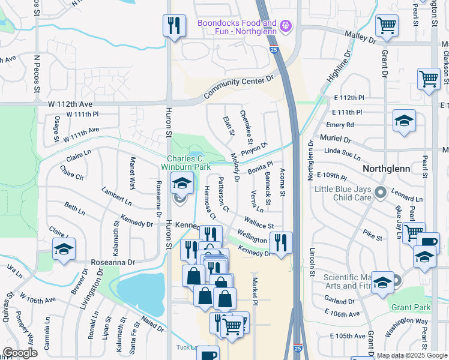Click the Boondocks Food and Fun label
pos(237,28)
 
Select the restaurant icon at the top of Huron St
pos(174,26)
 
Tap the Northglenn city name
pos(387,169)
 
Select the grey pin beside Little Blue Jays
pos(380,193)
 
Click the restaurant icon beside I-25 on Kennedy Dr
pos(280,242)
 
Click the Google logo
pos(20,352)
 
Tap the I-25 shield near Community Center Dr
pos(273,50)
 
